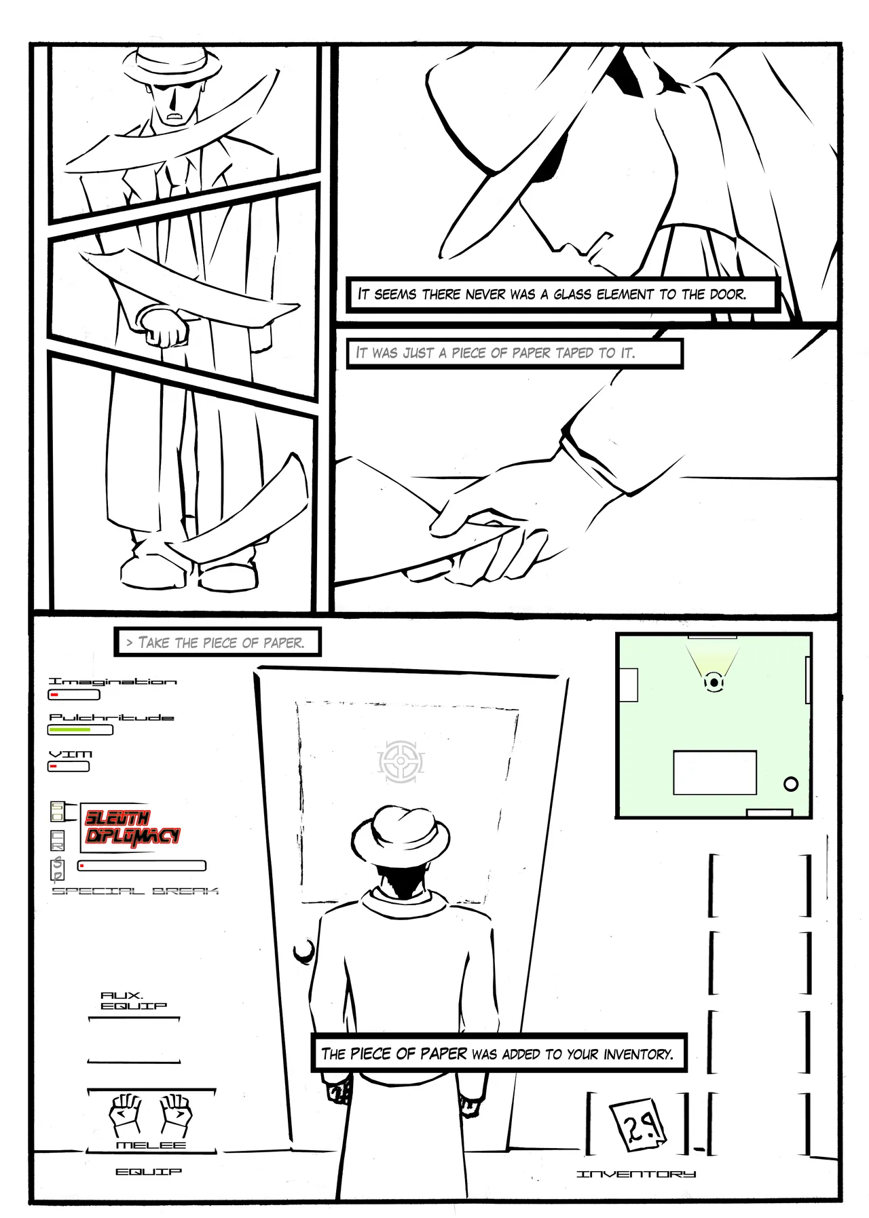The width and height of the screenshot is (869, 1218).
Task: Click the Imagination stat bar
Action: tap(74, 694)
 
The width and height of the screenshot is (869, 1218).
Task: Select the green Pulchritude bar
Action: tap(80, 730)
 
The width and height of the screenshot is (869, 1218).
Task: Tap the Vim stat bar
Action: tap(69, 767)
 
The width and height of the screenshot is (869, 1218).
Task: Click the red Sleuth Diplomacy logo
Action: tap(132, 828)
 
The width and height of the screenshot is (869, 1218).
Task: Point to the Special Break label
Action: tap(135, 891)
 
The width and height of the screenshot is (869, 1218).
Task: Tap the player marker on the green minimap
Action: tap(714, 681)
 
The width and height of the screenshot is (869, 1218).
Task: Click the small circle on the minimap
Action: tap(791, 784)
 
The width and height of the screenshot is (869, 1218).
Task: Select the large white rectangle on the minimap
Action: tap(715, 772)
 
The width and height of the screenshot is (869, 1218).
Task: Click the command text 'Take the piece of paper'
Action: tap(217, 643)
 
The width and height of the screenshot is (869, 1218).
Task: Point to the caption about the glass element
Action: tap(552, 294)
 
